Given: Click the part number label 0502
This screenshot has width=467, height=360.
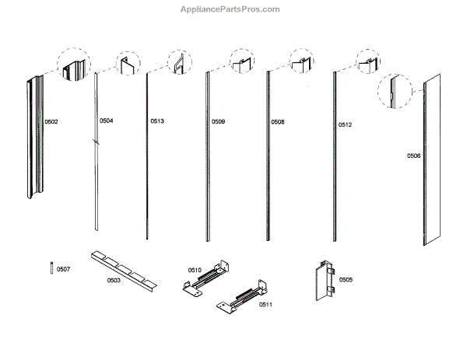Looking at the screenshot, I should click(51, 122).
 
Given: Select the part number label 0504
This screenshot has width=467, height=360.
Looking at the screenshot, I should click(106, 121).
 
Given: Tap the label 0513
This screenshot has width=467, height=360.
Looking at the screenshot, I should click(157, 121).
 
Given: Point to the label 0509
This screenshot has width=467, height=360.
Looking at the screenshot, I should click(218, 122).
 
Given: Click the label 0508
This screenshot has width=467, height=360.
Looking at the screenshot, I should click(277, 122).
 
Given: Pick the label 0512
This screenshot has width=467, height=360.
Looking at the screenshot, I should click(345, 125).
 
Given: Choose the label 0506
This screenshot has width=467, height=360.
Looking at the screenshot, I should click(413, 156).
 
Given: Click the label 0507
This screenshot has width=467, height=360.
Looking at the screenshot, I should click(64, 269).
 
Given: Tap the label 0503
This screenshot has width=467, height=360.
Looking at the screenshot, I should click(114, 280).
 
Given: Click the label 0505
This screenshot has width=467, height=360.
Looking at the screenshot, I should click(346, 279).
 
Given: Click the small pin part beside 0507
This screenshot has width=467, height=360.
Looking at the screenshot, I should click(51, 268).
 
